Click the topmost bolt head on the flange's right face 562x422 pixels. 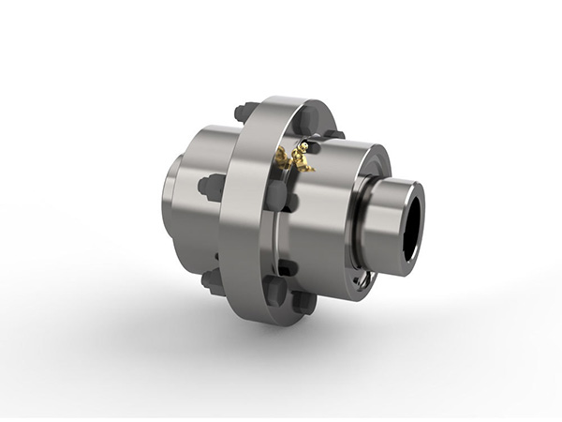pos(304,120)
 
